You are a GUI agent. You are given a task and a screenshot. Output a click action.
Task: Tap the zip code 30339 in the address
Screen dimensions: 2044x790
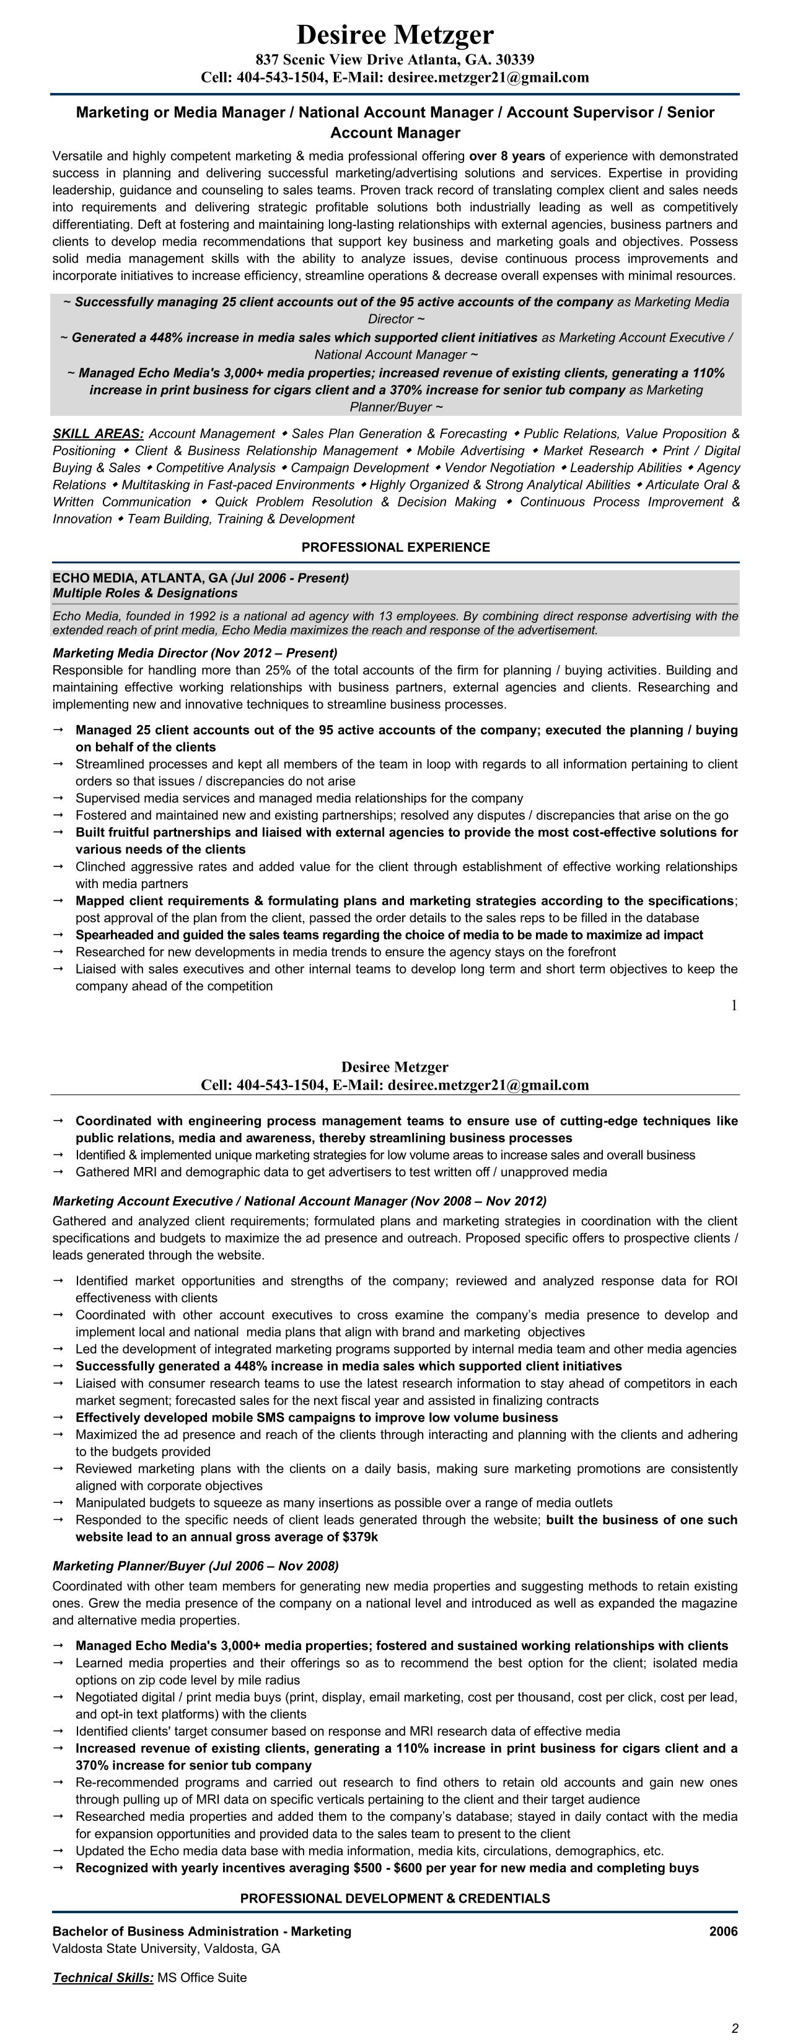515,59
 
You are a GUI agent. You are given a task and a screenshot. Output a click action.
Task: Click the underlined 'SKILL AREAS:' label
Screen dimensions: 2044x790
97,434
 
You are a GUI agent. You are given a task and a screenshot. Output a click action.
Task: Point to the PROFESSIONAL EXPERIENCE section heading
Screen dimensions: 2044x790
395,547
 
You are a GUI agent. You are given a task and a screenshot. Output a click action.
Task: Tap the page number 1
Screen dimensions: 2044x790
734,1005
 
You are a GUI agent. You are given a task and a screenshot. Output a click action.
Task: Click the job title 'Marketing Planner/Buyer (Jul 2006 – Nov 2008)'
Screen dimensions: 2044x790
195,1566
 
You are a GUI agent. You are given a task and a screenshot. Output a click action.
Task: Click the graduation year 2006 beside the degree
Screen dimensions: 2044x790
722,1931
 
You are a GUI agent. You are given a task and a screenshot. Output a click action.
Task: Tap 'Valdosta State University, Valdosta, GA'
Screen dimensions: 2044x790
166,1949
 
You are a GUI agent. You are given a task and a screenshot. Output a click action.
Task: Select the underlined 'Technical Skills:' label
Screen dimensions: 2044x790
103,1977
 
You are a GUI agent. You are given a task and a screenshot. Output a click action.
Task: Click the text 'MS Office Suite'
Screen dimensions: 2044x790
201,1977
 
